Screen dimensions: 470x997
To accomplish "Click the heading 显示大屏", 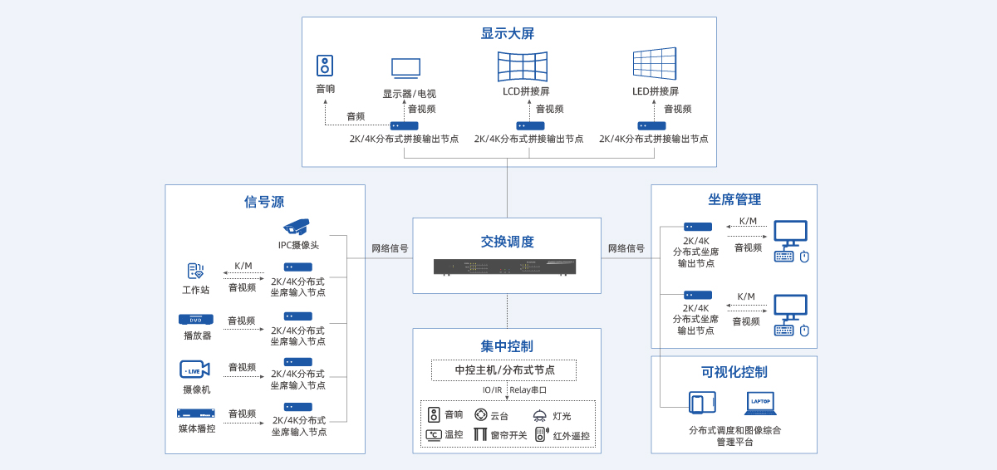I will tap(507, 33).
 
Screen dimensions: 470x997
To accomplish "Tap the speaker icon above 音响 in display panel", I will tap(325, 66).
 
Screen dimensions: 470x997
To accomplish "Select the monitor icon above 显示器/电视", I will tap(406, 69).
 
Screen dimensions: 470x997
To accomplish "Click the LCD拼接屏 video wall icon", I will tap(523, 66).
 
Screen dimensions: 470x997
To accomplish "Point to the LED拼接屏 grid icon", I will tap(654, 64).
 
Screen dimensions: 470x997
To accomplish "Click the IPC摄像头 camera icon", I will tap(297, 227).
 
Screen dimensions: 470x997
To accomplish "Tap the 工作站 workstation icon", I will tap(195, 272).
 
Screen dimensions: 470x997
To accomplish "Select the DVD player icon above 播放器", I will tap(196, 320).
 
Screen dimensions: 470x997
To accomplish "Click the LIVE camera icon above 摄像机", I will tap(194, 369).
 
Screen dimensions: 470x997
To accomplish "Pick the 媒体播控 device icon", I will tap(196, 414).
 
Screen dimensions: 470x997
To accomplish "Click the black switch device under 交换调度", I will tap(505, 267).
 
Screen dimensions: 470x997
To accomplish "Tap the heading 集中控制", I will tap(507, 346).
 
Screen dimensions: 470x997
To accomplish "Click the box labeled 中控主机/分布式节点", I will tap(503, 370).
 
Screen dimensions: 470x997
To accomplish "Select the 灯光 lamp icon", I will tap(539, 415).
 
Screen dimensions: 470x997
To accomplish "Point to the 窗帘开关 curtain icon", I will tap(480, 434).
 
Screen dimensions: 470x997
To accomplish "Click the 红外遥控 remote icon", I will tap(541, 434).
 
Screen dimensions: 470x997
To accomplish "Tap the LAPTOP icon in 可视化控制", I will tap(760, 403).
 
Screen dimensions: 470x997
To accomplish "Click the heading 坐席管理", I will tap(734, 199).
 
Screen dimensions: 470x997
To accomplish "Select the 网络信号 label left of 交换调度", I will tap(390, 248).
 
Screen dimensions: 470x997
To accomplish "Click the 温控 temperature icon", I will tap(434, 434).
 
